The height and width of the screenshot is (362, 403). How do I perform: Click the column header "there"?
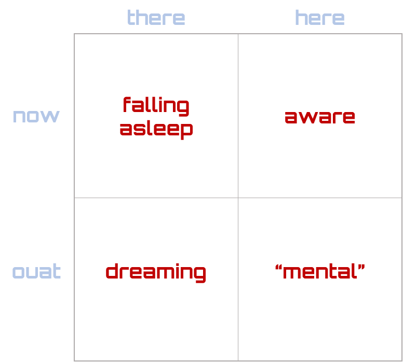pyautogui.click(x=156, y=18)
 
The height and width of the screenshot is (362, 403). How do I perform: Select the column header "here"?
pyautogui.click(x=319, y=18)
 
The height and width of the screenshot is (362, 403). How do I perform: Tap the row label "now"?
pyautogui.click(x=36, y=116)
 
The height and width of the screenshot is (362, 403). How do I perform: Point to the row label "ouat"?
pyautogui.click(x=36, y=272)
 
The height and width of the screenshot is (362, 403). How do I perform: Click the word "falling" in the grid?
pyautogui.click(x=156, y=106)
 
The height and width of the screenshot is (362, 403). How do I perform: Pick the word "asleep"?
pyautogui.click(x=156, y=128)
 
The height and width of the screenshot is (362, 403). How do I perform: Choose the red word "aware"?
pyautogui.click(x=320, y=117)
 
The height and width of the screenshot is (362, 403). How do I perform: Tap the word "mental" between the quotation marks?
pyautogui.click(x=320, y=271)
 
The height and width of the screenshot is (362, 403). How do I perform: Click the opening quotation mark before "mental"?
pyautogui.click(x=278, y=267)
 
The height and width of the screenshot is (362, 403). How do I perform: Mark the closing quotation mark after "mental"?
pyautogui.click(x=361, y=267)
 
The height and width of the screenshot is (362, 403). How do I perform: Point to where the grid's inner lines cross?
pyautogui.click(x=238, y=198)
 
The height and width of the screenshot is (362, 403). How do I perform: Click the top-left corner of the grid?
pyautogui.click(x=74, y=34)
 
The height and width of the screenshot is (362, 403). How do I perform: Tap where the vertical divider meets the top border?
pyautogui.click(x=238, y=34)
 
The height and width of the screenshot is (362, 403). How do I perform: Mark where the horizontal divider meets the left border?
pyautogui.click(x=74, y=198)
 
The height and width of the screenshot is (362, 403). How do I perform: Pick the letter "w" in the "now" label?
pyautogui.click(x=51, y=116)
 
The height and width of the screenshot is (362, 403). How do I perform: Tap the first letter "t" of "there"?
pyautogui.click(x=130, y=18)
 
